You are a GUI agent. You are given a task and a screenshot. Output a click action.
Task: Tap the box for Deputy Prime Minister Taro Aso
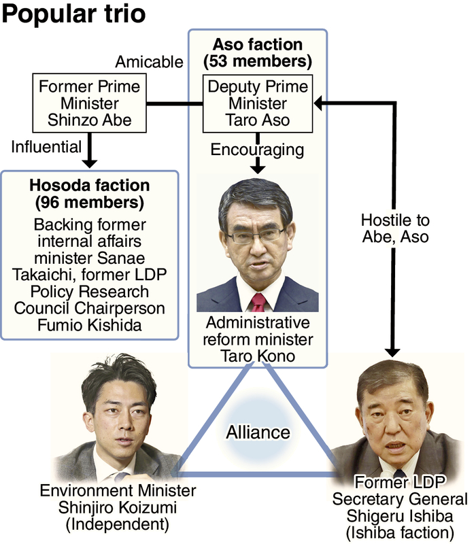point(258,103)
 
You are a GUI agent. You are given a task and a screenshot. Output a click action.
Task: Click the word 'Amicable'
point(149,63)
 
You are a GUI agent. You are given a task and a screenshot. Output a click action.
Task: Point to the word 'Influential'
point(46,146)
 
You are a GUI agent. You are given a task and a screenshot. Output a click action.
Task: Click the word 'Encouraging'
point(258,149)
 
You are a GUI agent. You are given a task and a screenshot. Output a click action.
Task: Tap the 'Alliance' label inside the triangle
point(258,432)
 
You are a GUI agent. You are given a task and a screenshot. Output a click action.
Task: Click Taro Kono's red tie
point(258,301)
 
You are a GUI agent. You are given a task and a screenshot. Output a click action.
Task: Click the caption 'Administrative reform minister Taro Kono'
point(258,339)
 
